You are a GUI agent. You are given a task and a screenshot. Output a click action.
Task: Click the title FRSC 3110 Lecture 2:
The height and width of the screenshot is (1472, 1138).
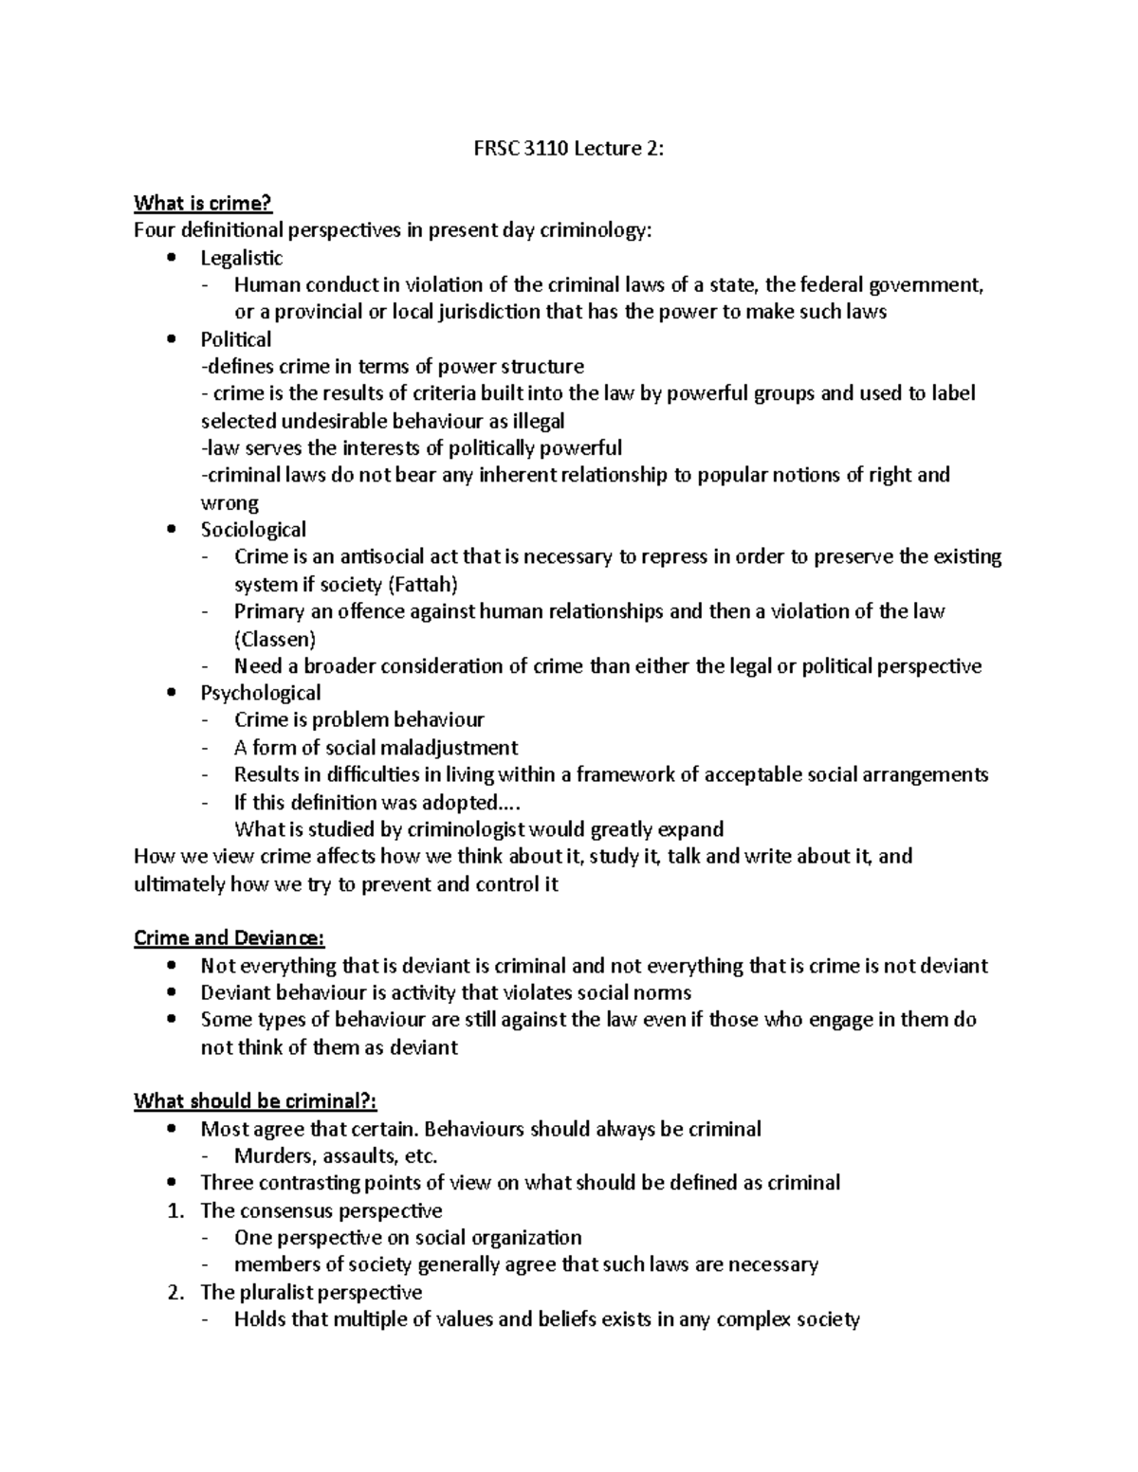pos(569,148)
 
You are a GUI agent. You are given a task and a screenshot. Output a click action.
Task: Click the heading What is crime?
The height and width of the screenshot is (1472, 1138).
pos(203,202)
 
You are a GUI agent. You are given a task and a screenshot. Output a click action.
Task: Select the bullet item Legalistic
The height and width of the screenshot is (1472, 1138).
pos(241,258)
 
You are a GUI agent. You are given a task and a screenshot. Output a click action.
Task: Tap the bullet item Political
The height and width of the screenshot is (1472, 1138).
pos(235,339)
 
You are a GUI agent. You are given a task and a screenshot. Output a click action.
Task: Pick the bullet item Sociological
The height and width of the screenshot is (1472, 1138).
pos(252,530)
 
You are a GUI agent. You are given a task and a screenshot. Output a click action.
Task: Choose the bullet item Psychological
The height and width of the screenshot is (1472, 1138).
pos(260,693)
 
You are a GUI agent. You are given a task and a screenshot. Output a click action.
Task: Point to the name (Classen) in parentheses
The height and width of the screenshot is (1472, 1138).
pos(275,639)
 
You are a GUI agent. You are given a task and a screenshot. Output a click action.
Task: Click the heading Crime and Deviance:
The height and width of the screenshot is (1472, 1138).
pos(229,938)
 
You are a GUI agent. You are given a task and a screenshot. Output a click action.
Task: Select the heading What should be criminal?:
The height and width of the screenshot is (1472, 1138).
pos(255,1100)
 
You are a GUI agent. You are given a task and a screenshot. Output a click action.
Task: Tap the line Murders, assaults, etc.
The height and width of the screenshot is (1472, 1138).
pos(336,1156)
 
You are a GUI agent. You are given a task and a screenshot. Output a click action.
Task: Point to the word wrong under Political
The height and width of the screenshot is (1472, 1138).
pos(229,503)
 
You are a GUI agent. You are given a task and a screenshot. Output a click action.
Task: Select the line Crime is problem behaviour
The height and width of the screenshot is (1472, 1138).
pos(358,720)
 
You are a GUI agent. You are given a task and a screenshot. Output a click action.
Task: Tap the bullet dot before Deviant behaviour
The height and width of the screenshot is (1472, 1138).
pos(171,992)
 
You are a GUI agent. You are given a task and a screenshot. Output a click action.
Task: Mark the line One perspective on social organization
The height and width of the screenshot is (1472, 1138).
pos(408,1238)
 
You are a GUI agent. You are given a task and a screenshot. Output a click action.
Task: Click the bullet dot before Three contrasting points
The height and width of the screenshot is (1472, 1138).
pos(171,1182)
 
